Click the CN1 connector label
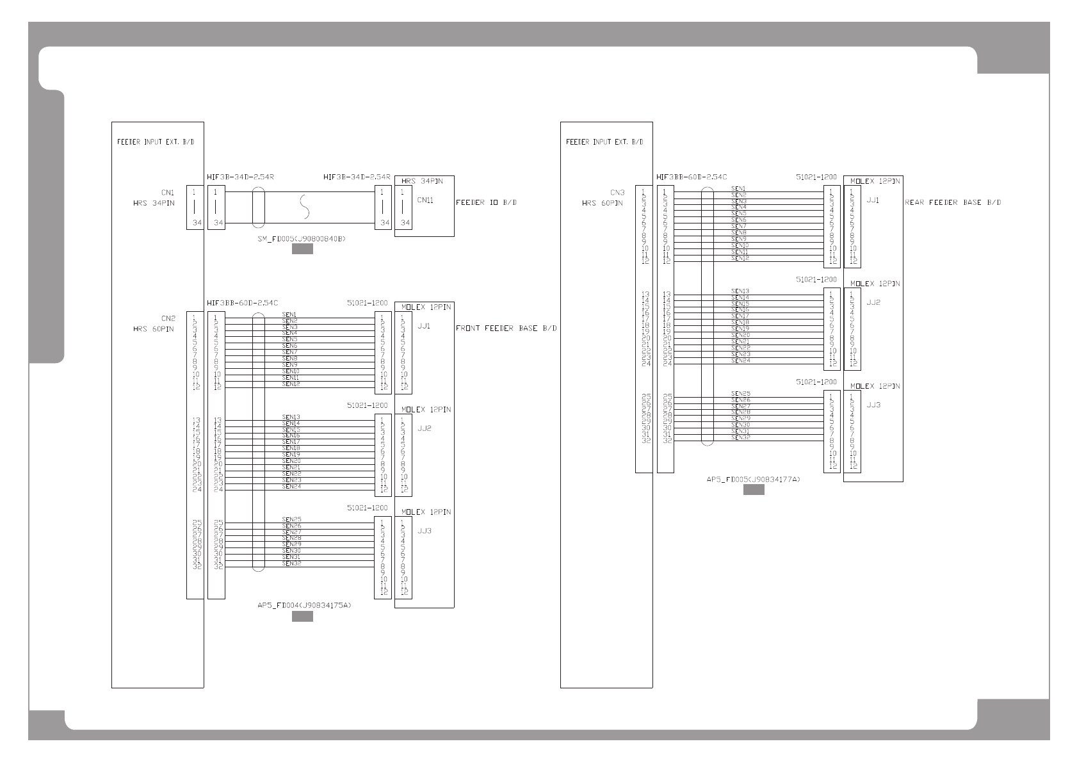tap(167, 192)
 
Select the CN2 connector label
tap(168, 318)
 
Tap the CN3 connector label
tap(617, 192)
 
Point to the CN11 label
tap(425, 200)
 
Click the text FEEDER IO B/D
tap(486, 202)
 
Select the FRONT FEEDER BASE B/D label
tap(506, 328)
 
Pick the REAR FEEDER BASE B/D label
tap(953, 202)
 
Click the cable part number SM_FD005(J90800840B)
tap(302, 239)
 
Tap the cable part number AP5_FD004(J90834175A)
tap(304, 605)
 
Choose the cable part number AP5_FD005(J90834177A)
tap(753, 479)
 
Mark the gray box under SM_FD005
tap(302, 250)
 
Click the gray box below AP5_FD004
tap(302, 617)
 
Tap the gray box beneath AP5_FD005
tap(754, 490)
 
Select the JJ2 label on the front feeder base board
tap(425, 429)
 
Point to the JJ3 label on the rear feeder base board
tap(873, 405)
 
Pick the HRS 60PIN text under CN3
tap(602, 203)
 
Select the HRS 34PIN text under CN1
tap(154, 203)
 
